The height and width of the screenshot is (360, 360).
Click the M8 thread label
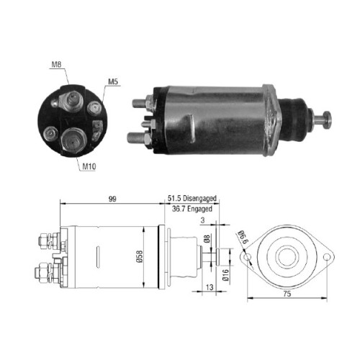[55, 65]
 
